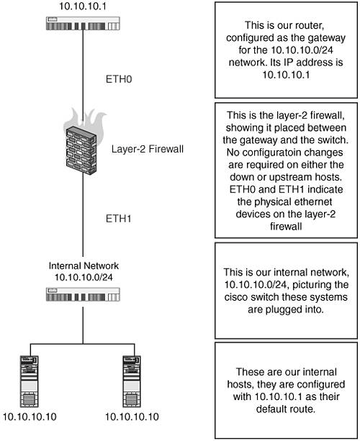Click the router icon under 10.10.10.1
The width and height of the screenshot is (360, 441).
tap(83, 24)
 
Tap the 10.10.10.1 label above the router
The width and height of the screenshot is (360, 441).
tap(83, 6)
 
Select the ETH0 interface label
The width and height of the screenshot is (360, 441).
tap(119, 79)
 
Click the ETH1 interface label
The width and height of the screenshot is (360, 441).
tap(119, 219)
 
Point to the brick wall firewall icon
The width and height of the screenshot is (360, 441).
tap(81, 145)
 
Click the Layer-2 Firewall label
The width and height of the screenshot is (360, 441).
tap(148, 149)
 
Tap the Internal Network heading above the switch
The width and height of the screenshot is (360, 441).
tap(84, 265)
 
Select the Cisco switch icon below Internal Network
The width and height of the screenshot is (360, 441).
tap(83, 294)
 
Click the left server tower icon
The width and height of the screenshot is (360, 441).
tap(30, 381)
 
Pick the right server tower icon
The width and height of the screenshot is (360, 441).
tap(132, 381)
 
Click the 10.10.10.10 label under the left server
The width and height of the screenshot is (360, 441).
tap(30, 417)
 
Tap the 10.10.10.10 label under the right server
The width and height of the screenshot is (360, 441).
tap(132, 417)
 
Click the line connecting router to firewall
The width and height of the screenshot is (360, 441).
tap(83, 76)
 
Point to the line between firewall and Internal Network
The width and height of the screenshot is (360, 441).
tap(83, 214)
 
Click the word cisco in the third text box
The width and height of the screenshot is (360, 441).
tap(236, 297)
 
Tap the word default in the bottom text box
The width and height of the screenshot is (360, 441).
tap(271, 409)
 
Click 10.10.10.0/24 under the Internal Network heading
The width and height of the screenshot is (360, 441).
tap(84, 278)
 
